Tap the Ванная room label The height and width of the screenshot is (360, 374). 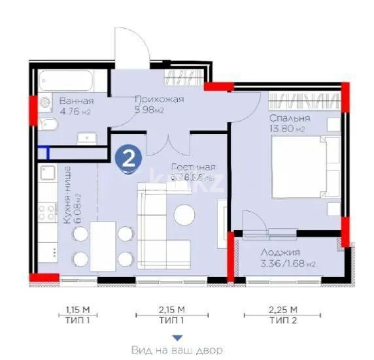pos(76,101)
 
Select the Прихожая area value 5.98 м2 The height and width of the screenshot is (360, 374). pos(148,110)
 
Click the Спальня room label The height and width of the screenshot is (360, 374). pos(289,118)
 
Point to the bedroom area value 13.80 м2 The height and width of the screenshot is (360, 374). pos(288,129)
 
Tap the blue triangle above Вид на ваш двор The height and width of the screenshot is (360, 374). pos(176,338)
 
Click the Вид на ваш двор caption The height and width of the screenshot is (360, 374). pos(176,351)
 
